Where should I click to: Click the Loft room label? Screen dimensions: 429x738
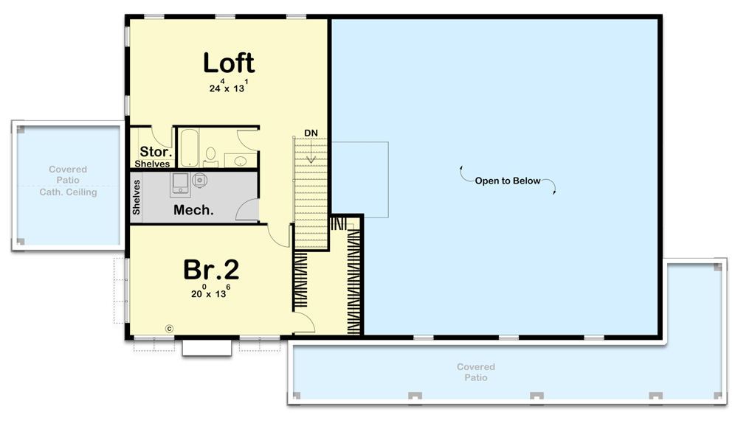tap(229, 63)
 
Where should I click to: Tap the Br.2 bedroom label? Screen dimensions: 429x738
tap(211, 270)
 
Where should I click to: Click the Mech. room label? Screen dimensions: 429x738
tap(193, 210)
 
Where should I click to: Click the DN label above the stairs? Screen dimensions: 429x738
tap(311, 133)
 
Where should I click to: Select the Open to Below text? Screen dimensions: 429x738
tap(507, 181)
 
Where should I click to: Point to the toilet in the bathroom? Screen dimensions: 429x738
tap(211, 155)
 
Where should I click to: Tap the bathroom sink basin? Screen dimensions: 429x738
tap(239, 160)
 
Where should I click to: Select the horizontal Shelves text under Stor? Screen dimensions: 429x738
tap(153, 164)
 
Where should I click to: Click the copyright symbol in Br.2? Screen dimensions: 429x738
tap(168, 328)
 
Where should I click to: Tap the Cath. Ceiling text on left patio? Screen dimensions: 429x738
tap(68, 192)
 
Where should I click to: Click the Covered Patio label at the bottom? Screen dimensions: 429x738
tap(475, 372)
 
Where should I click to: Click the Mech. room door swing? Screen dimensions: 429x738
tap(247, 211)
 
